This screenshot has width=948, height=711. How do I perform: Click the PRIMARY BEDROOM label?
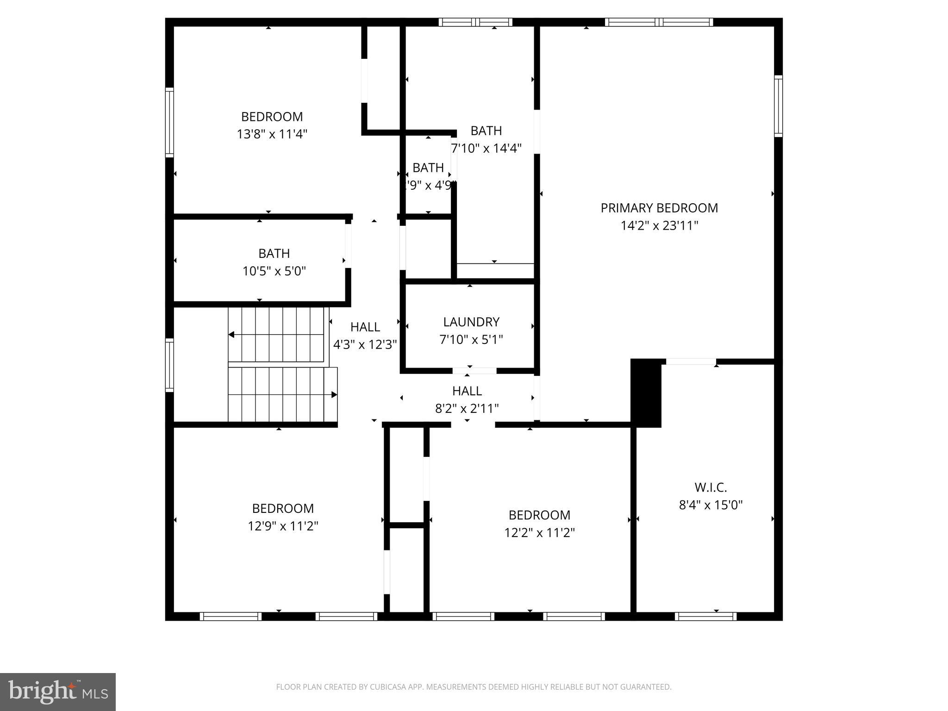coord(659,208)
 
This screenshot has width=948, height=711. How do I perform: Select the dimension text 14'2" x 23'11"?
coord(659,225)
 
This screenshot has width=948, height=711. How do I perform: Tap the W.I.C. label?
coord(711,487)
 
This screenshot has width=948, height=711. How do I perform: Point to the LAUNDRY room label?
coord(471,322)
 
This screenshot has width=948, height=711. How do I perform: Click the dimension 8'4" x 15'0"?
coord(711,505)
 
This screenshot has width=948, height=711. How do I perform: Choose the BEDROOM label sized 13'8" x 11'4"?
coord(272,116)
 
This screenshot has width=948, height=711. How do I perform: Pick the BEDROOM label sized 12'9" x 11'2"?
coord(283,508)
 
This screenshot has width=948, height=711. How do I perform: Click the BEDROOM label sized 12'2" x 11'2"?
coord(539,515)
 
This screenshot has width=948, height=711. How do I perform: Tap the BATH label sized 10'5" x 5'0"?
coord(274,253)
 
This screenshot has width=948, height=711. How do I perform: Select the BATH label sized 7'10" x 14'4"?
coord(486,131)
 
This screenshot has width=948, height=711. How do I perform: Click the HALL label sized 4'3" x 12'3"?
coord(365,327)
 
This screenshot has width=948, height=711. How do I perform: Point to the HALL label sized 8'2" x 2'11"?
coord(467,391)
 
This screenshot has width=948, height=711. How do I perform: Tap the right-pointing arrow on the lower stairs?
coord(334,394)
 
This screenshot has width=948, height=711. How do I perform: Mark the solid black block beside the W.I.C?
coord(646,393)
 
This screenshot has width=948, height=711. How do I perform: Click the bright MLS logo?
coord(58,692)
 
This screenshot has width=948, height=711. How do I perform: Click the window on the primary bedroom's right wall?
coord(778,106)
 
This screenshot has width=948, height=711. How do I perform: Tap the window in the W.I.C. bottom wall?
coord(705,616)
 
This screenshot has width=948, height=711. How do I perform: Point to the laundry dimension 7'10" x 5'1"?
coord(471,339)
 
